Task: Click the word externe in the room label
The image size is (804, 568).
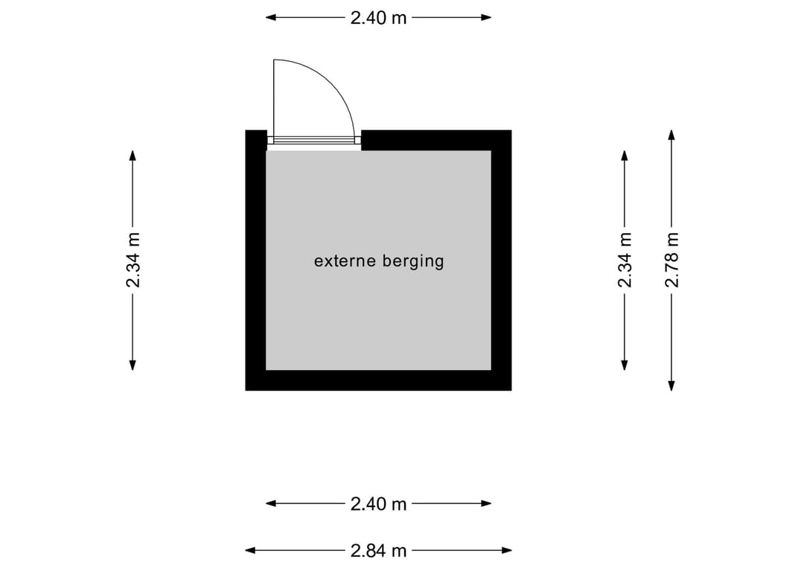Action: (x=345, y=261)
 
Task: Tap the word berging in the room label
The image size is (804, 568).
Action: (x=413, y=262)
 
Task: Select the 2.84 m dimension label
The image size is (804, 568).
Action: (x=378, y=551)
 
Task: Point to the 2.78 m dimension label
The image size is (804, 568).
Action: (x=671, y=259)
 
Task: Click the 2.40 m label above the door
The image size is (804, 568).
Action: (x=378, y=18)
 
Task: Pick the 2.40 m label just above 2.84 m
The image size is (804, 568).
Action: (x=378, y=504)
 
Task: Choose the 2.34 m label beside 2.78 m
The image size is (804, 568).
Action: (x=625, y=259)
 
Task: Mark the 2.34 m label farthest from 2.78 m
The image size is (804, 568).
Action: (x=133, y=259)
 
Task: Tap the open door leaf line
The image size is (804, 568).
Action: (x=274, y=98)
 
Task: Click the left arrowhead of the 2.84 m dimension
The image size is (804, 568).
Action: (x=250, y=551)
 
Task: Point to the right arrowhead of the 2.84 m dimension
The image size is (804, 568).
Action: (x=507, y=551)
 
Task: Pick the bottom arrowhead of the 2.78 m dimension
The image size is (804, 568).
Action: (x=671, y=386)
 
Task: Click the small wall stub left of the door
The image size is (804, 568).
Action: (x=256, y=140)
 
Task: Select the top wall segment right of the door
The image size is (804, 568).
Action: (x=436, y=140)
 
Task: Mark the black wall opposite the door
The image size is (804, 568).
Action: (x=378, y=380)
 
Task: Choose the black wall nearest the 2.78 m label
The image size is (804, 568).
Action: (x=502, y=261)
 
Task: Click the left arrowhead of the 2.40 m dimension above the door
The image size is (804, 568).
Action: (x=271, y=17)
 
